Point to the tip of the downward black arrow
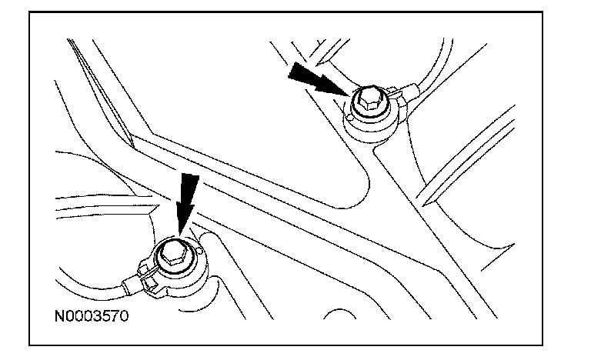(x=182, y=232)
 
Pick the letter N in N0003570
(x=58, y=315)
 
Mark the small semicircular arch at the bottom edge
(x=339, y=315)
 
